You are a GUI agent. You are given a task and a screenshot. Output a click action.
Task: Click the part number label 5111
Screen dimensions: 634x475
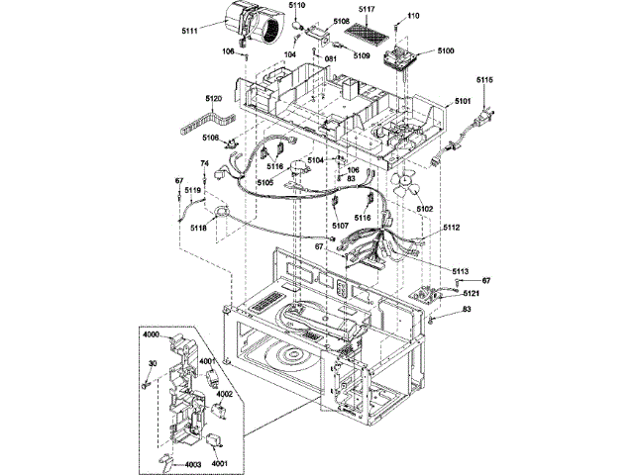(x=189, y=31)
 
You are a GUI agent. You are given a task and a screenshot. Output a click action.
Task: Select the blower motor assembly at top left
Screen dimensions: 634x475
(x=252, y=24)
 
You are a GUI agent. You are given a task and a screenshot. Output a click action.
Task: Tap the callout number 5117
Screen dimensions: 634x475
(x=367, y=9)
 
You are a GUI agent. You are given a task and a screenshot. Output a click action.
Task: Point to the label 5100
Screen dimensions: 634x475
(x=446, y=50)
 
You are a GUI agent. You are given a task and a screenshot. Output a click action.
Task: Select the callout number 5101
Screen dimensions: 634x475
(x=463, y=101)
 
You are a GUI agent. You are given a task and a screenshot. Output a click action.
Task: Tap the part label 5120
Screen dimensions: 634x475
(x=214, y=99)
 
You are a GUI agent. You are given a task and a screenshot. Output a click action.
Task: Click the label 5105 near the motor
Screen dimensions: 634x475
(x=265, y=182)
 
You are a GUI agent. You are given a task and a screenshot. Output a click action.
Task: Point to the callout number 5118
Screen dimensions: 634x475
(x=198, y=229)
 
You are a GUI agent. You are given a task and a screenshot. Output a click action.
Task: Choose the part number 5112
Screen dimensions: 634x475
(x=452, y=228)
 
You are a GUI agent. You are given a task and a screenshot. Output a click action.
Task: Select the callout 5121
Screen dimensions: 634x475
(x=472, y=294)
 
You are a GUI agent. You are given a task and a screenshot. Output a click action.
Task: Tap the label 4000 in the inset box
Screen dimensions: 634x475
(x=152, y=334)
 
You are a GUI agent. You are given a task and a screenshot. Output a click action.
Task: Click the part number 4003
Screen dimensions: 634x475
(x=193, y=465)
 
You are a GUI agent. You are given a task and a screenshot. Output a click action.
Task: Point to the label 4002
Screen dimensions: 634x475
(x=225, y=394)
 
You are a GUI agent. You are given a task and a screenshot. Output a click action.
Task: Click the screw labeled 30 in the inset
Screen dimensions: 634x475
(x=146, y=384)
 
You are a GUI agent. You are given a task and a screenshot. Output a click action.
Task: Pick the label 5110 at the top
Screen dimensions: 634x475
(x=297, y=5)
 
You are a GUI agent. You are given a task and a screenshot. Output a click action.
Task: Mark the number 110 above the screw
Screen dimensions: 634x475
(x=414, y=16)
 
